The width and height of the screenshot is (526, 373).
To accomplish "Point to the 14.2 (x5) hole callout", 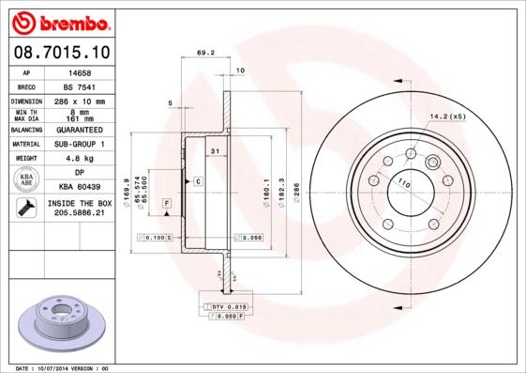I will tap(447, 117).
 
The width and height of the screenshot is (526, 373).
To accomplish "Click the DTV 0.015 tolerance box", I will tap(228, 307).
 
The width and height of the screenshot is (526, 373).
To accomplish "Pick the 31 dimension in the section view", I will tap(215, 151).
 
